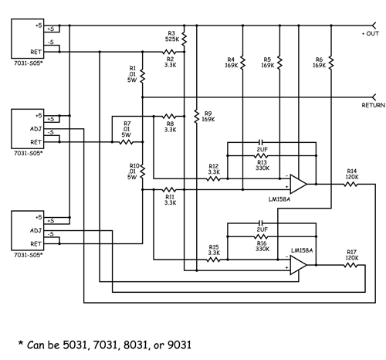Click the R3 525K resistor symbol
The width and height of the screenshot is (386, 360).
tap(184, 39)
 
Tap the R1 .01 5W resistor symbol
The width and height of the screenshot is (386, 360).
tap(142, 77)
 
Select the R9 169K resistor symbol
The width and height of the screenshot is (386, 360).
tap(197, 117)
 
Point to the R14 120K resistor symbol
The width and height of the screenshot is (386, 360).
tap(351, 184)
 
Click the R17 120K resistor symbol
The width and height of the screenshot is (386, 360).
tap(351, 265)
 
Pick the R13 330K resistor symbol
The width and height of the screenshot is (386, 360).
tap(261, 155)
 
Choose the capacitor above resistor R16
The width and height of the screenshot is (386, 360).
tap(261, 222)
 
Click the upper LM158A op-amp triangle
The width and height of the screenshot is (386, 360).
tap(298, 184)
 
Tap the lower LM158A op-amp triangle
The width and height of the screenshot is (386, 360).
tap(298, 265)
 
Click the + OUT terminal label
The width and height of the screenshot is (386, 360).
tap(371, 34)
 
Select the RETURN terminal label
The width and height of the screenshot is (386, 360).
tap(374, 105)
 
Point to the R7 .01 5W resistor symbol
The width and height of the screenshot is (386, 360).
tap(126, 142)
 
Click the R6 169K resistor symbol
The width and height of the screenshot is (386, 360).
tap(331, 63)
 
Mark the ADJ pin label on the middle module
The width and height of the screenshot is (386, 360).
tap(36, 128)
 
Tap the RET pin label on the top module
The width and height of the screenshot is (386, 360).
tap(36, 52)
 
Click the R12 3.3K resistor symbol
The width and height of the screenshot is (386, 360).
tap(214, 178)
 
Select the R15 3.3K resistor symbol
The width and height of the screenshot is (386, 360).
tap(214, 260)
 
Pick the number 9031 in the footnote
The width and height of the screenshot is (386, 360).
tap(179, 345)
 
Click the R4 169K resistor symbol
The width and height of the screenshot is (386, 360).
tap(242, 63)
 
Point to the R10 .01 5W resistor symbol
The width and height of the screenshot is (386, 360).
tap(142, 171)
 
